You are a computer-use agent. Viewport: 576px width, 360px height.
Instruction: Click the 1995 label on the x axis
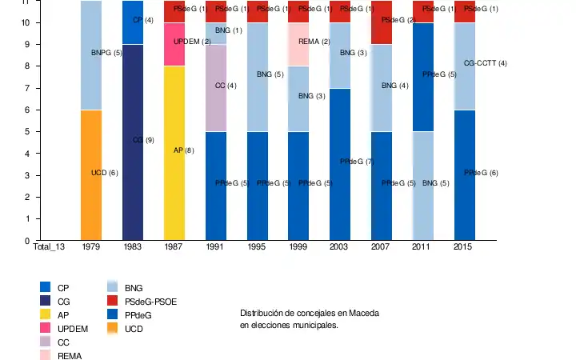258,248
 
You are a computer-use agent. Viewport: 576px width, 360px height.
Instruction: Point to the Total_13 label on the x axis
48,248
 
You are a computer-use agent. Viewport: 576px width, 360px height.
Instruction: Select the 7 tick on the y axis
26,88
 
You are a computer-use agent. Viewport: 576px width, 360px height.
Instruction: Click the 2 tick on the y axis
26,197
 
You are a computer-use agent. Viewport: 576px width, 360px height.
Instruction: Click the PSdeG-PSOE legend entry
150,302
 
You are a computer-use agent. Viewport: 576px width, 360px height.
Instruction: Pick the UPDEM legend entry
73,329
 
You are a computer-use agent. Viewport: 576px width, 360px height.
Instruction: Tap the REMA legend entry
70,356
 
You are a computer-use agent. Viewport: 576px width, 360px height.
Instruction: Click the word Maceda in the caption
362,312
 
